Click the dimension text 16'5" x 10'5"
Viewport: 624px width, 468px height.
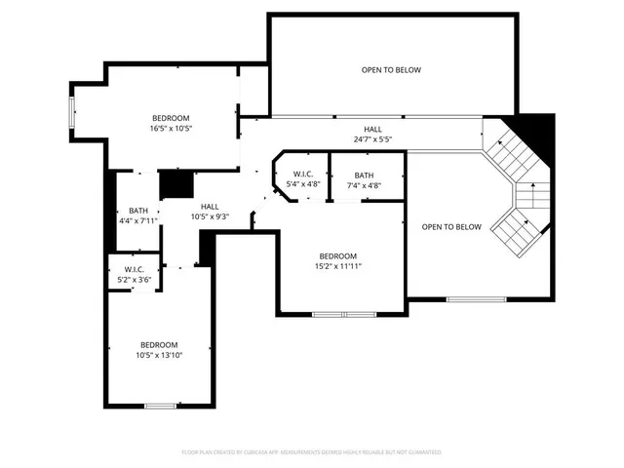click(x=171, y=128)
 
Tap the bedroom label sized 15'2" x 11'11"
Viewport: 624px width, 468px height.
click(x=338, y=266)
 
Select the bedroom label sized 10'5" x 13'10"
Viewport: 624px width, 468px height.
click(x=159, y=355)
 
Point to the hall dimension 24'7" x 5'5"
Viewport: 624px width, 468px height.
click(x=372, y=139)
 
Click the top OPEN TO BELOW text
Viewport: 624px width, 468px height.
click(x=391, y=69)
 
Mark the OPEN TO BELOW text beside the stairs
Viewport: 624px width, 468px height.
click(x=451, y=227)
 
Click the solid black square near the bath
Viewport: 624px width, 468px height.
click(x=174, y=183)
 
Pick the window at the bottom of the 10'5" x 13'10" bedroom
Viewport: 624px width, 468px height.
click(x=159, y=405)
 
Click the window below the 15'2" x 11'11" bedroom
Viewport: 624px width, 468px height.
click(x=343, y=314)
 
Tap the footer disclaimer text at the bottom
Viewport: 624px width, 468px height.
click(x=312, y=452)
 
